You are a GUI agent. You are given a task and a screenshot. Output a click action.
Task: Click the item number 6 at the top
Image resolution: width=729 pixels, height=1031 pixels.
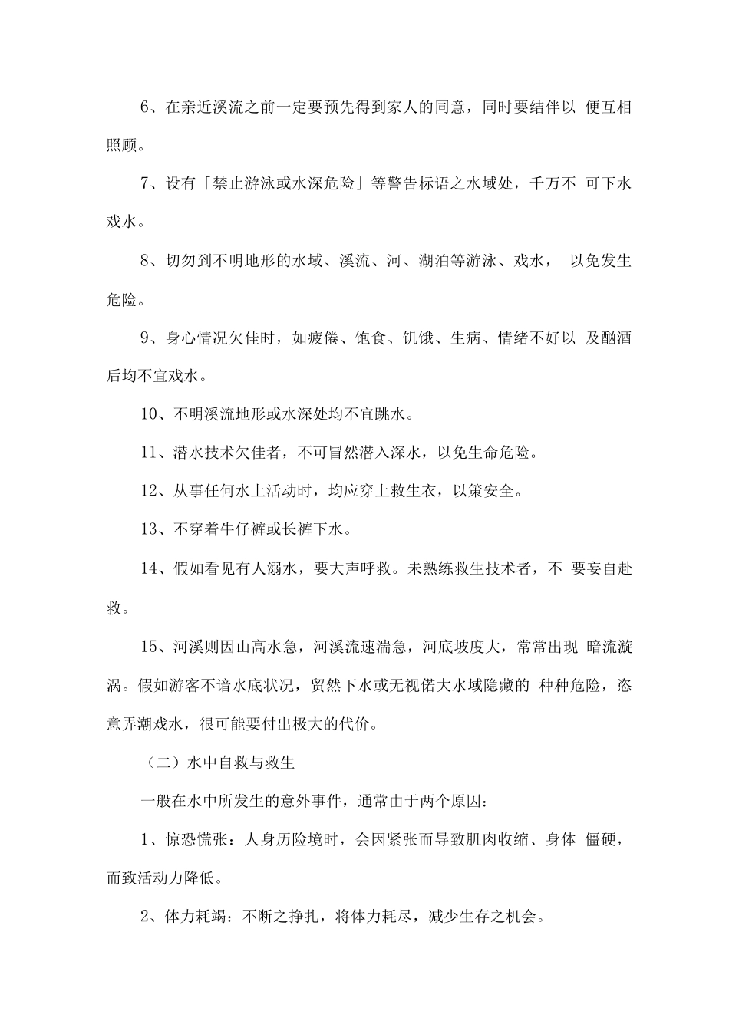pyautogui.click(x=147, y=107)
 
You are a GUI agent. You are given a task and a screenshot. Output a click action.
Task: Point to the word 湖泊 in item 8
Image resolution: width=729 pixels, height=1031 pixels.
pyautogui.click(x=417, y=262)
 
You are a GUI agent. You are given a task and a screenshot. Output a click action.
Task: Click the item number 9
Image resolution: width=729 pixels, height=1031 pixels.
pyautogui.click(x=147, y=338)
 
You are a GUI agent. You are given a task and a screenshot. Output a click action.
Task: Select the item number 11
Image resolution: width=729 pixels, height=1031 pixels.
pyautogui.click(x=150, y=453)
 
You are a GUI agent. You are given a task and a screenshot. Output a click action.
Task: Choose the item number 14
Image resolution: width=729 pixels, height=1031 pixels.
pyautogui.click(x=150, y=569)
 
